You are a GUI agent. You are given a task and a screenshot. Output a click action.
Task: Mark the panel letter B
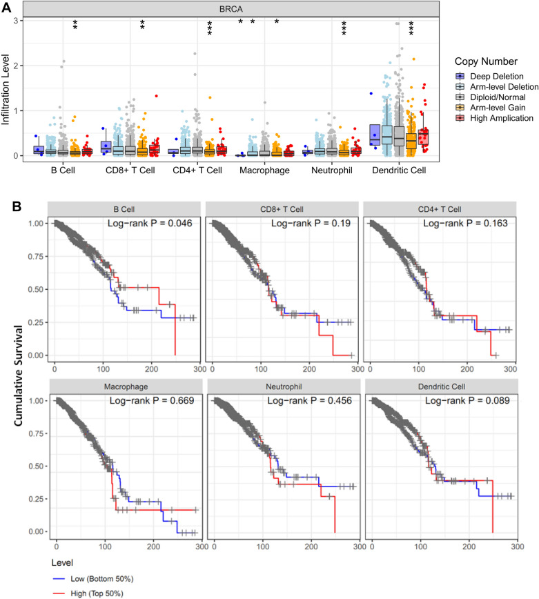pyautogui.click(x=6, y=205)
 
